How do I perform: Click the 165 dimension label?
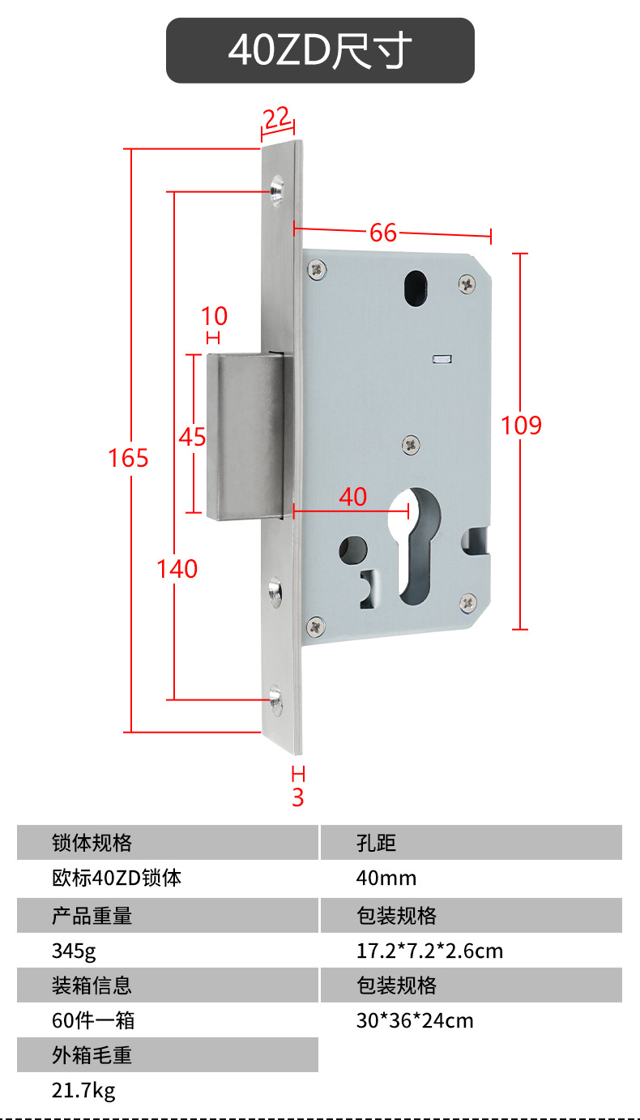coord(129,458)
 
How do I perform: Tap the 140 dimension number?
coord(177,568)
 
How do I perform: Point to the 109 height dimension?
coord(522,425)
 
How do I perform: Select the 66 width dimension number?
coord(383,233)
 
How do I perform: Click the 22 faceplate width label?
coord(276,118)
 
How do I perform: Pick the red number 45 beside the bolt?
coord(192,437)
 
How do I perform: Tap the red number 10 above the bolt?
coord(214,316)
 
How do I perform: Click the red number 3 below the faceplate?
coord(298,797)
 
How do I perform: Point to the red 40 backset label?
coord(353,497)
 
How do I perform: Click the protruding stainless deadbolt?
coord(245,437)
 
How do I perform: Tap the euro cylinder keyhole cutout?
coord(415,545)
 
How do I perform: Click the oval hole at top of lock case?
coord(416,288)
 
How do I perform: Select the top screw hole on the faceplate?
coord(276,190)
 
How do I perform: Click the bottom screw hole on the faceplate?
coord(275,700)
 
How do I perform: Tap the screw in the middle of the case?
coord(411,444)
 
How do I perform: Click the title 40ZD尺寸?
coord(320,50)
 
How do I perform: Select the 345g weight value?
coord(74,951)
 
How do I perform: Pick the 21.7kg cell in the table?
coord(83,1091)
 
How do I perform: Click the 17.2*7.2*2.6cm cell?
coord(429,951)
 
